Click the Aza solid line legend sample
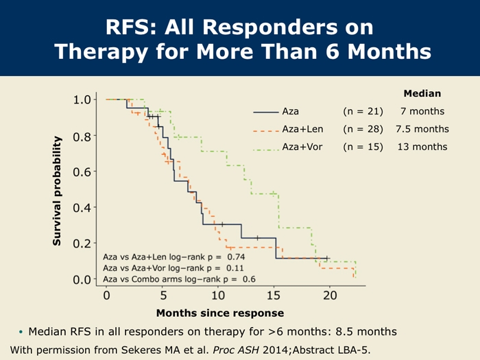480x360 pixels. [x=266, y=112]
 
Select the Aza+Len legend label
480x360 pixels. [x=302, y=129]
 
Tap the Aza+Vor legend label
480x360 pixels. [x=302, y=147]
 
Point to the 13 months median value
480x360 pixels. [x=422, y=147]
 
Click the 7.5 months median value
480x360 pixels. [x=422, y=129]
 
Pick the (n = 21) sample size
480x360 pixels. [x=363, y=111]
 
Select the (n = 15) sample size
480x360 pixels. [x=363, y=147]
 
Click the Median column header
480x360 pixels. [x=422, y=93]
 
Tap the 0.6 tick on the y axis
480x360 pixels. [x=82, y=171]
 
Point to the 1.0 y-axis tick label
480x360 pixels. [x=82, y=99]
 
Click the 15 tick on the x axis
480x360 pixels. [x=274, y=296]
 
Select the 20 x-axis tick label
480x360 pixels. [x=330, y=296]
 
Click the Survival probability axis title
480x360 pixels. [x=57, y=191]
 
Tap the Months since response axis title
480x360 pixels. [x=220, y=313]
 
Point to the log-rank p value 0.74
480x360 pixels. [x=236, y=257]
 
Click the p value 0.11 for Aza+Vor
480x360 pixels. [x=235, y=268]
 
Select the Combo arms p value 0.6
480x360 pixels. [x=249, y=279]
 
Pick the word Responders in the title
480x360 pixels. [x=269, y=27]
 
